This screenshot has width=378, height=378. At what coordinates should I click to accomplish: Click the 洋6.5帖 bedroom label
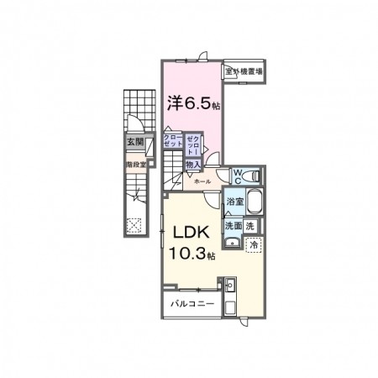192,105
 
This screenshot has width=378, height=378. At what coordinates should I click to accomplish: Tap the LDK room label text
191,231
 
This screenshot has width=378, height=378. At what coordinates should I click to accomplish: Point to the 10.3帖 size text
193,253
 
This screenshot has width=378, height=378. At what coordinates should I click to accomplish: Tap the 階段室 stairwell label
136,165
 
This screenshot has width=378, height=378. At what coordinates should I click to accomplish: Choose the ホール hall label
202,181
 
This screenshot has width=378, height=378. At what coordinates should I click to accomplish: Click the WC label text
238,176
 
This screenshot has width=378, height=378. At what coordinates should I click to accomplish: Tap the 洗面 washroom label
233,226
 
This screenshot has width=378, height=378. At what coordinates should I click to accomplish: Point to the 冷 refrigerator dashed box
253,245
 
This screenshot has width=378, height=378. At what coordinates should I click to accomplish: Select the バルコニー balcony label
192,302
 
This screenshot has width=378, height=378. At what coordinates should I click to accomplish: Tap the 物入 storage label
192,165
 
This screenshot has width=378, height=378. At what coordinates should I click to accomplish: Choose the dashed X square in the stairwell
134,224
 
